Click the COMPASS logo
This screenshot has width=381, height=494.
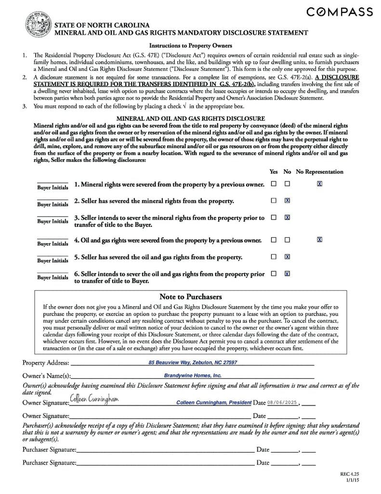pos(340,12)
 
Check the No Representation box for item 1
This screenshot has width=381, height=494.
pos(319,184)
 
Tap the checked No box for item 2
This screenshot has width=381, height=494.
pos(287,200)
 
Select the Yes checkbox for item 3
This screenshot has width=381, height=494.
pos(274,218)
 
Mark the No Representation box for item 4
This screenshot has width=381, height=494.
pos(319,240)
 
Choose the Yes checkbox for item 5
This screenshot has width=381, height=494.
pos(274,257)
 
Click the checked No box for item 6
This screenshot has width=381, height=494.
pos(287,274)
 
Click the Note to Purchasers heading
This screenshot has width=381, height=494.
pos(190,297)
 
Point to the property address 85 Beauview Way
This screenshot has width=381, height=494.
pos(193,362)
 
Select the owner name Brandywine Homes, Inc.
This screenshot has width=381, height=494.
pos(193,375)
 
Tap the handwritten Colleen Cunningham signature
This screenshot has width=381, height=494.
pos(94,398)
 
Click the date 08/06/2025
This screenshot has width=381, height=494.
pos(283,402)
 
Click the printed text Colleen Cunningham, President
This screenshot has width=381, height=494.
pos(214,402)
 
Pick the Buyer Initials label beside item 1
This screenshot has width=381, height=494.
pos(53,187)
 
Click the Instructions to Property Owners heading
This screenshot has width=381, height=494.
pos(190,46)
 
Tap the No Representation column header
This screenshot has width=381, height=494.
pos(319,172)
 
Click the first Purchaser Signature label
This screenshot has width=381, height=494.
pos(49,450)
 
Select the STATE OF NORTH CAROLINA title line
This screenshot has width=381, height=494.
pos(101,25)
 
